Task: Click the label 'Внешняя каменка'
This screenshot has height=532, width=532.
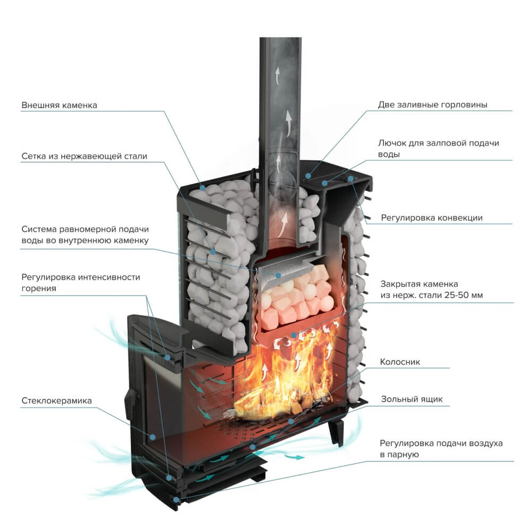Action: pos(59,105)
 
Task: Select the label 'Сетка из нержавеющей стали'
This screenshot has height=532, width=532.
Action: pos(84,156)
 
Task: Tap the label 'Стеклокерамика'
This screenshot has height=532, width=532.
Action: pos(56,400)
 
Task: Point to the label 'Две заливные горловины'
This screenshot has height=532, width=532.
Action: pos(433,105)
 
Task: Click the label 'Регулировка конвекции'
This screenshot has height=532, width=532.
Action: pos(431,218)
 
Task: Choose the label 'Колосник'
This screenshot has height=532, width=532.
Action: pos(400,362)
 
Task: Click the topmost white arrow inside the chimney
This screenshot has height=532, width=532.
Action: pos(277,74)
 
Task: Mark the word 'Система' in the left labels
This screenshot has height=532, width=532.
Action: pos(40,229)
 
